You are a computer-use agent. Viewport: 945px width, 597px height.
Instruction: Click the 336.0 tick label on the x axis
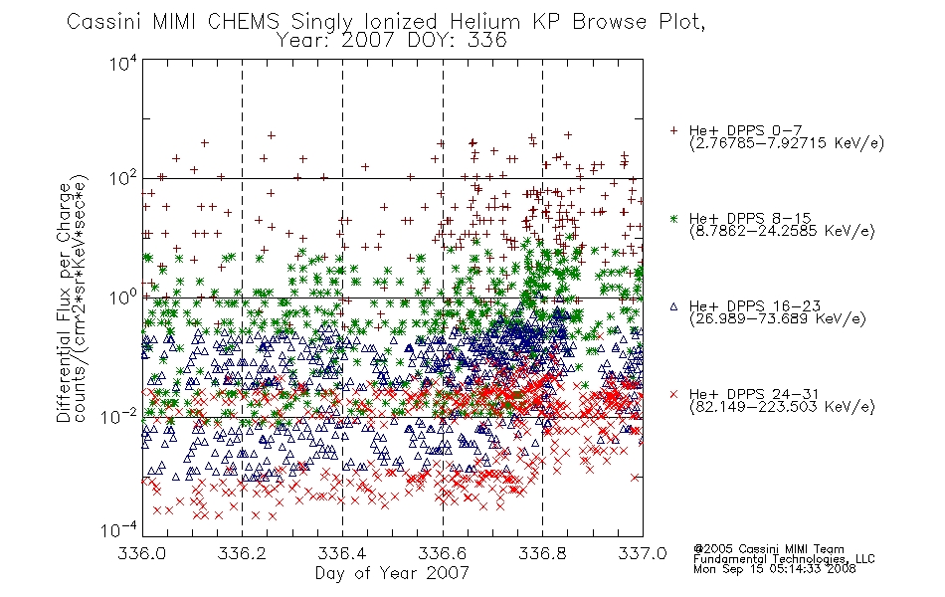[x=141, y=553]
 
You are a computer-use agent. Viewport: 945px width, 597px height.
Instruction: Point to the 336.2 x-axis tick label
[x=242, y=553]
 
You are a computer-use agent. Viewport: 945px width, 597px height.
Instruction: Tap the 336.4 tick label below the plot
[x=342, y=553]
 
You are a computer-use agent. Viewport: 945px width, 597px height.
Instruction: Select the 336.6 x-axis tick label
[x=443, y=553]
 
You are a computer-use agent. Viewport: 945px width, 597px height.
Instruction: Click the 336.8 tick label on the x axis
[x=542, y=553]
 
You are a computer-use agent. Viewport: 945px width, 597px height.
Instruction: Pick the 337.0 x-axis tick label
[x=643, y=553]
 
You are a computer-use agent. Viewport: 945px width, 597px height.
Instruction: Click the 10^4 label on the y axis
[x=123, y=63]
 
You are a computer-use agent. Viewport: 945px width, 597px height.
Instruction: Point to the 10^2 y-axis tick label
[x=123, y=179]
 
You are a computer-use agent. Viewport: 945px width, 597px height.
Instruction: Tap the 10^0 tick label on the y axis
[x=123, y=298]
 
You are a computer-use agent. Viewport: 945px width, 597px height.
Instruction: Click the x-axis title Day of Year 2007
[x=392, y=573]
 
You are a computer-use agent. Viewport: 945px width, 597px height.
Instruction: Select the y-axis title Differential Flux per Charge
[x=64, y=302]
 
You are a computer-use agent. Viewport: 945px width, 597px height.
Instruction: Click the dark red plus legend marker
[x=673, y=130]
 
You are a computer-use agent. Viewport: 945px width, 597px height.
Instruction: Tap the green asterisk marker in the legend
[x=673, y=218]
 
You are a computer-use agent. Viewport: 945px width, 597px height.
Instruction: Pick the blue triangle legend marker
[x=673, y=306]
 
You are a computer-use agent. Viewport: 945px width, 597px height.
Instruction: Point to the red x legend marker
[x=673, y=394]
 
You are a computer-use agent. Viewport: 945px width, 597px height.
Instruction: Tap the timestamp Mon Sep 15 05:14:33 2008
[x=775, y=569]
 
